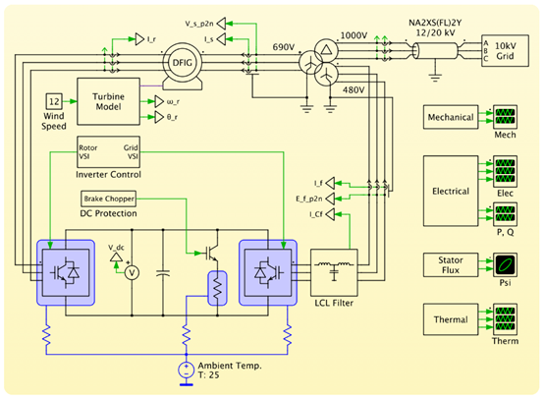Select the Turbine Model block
coord(108,101)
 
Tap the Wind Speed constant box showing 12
coord(54,101)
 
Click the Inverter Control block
coord(108,152)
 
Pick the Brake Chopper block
coord(108,199)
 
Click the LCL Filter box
coord(334,272)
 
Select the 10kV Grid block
coord(505,51)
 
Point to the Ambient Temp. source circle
coord(187,371)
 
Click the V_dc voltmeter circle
coord(132,273)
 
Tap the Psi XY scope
coord(505,265)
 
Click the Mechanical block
coord(451,117)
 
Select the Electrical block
coord(451,191)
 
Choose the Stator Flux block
coord(451,265)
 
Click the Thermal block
coord(451,319)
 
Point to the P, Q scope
coord(505,214)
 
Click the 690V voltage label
coord(284,47)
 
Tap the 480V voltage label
coord(354,90)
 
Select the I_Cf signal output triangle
coord(330,214)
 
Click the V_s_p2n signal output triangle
coord(221,24)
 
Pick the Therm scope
coord(505,319)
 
